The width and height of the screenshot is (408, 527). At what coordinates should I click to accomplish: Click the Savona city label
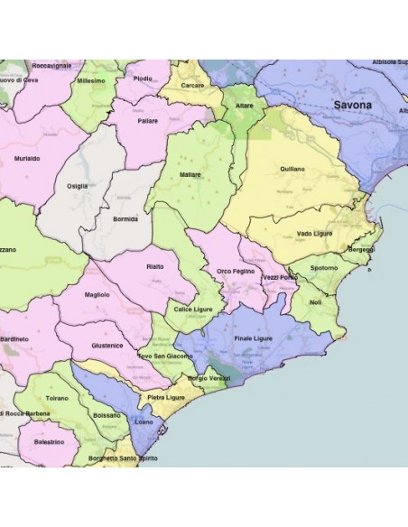click(x=352, y=106)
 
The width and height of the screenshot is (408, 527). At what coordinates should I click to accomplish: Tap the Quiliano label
click(x=292, y=169)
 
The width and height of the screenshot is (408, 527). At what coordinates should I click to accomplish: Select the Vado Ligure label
click(x=315, y=233)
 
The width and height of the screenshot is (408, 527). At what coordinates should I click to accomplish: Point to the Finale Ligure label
click(x=254, y=338)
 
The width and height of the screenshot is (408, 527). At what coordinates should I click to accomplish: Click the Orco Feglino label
click(x=236, y=271)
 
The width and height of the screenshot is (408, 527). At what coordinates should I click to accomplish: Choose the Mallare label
click(x=190, y=174)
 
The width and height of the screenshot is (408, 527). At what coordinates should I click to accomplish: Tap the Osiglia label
click(x=78, y=186)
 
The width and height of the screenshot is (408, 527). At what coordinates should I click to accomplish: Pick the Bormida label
click(x=125, y=218)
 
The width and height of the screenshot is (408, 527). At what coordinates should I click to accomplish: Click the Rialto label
click(x=154, y=266)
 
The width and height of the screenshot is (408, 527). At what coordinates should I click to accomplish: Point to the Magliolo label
click(x=97, y=294)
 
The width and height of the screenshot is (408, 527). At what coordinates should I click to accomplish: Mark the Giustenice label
click(x=107, y=345)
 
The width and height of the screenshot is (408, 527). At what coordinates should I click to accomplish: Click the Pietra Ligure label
click(x=166, y=397)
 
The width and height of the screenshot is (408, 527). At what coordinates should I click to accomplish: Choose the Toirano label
click(x=56, y=397)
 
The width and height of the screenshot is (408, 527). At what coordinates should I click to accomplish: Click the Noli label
click(x=315, y=303)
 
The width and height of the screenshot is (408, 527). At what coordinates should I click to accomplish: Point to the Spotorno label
click(x=324, y=268)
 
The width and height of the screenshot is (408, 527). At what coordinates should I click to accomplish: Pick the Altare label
click(x=245, y=106)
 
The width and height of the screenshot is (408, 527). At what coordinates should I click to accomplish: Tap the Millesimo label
click(x=91, y=80)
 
